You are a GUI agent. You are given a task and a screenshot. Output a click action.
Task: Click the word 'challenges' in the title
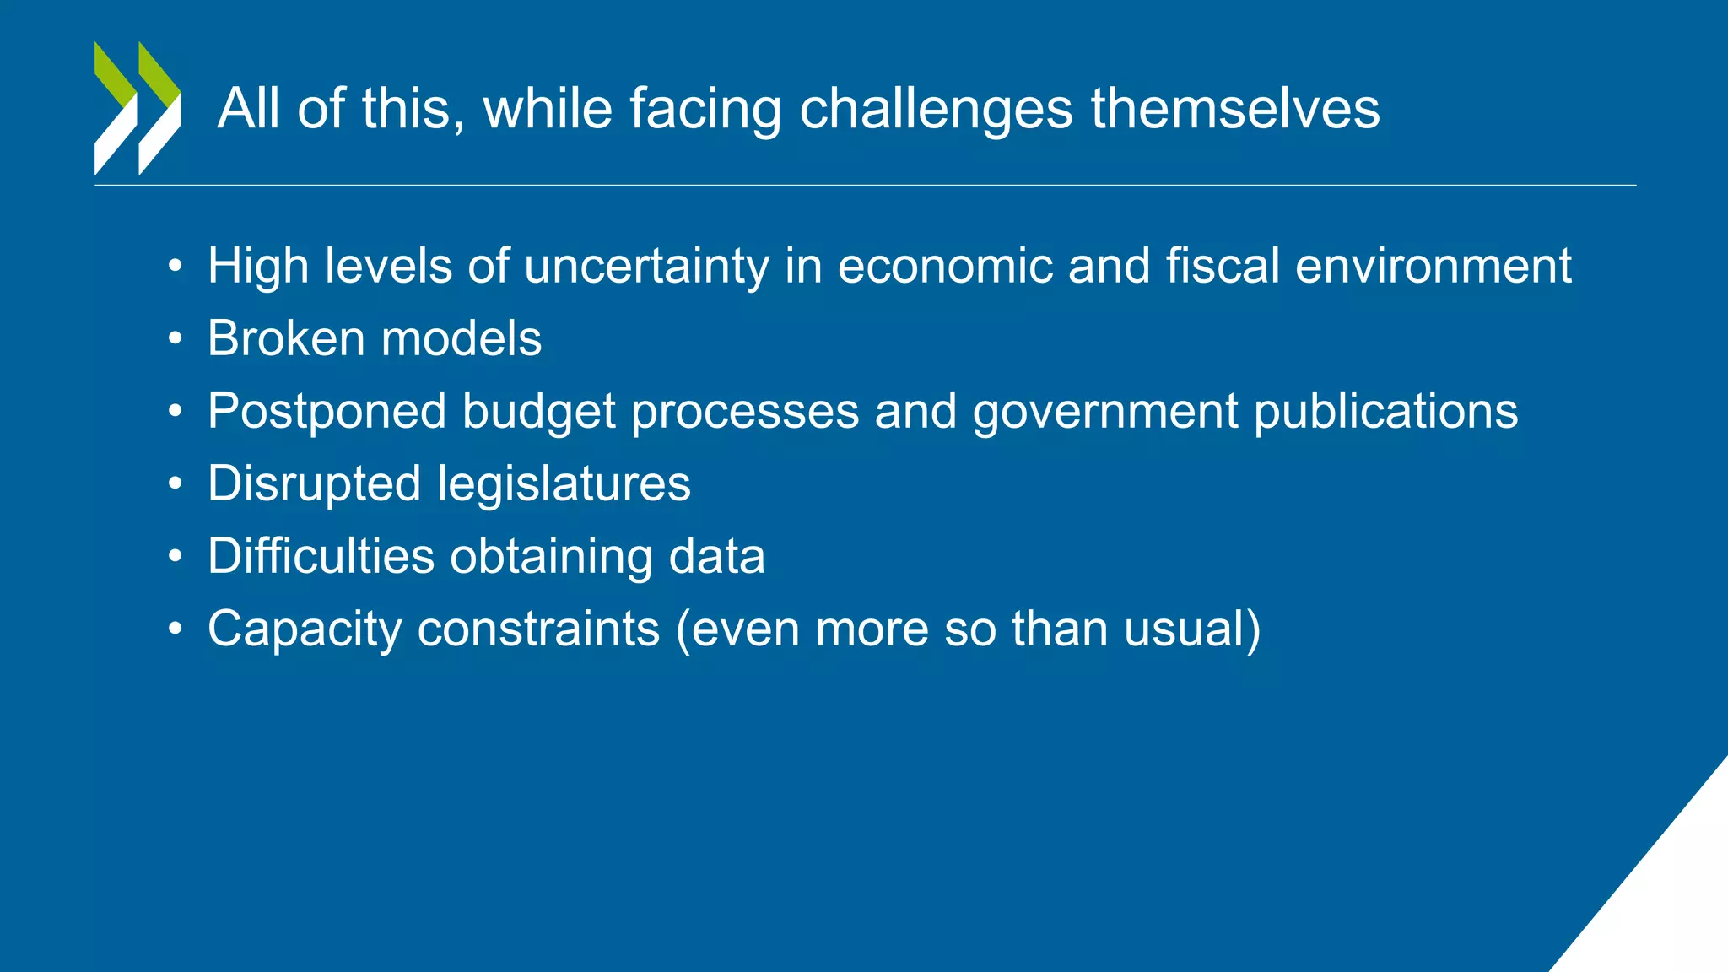click(936, 110)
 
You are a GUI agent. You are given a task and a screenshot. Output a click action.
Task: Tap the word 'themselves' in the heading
click(1235, 110)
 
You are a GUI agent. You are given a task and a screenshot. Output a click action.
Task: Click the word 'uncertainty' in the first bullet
click(646, 267)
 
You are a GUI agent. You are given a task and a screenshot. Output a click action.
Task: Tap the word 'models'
click(462, 339)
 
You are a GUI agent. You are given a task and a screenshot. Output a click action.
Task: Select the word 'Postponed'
click(327, 412)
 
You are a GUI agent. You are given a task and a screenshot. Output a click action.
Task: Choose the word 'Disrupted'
click(314, 485)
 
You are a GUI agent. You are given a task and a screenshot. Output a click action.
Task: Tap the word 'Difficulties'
click(321, 557)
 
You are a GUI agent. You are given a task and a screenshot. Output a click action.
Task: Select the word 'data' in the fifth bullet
click(716, 557)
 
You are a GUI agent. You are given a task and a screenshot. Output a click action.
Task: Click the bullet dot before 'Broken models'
click(175, 339)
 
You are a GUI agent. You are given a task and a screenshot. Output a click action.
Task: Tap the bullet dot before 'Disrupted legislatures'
click(175, 484)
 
